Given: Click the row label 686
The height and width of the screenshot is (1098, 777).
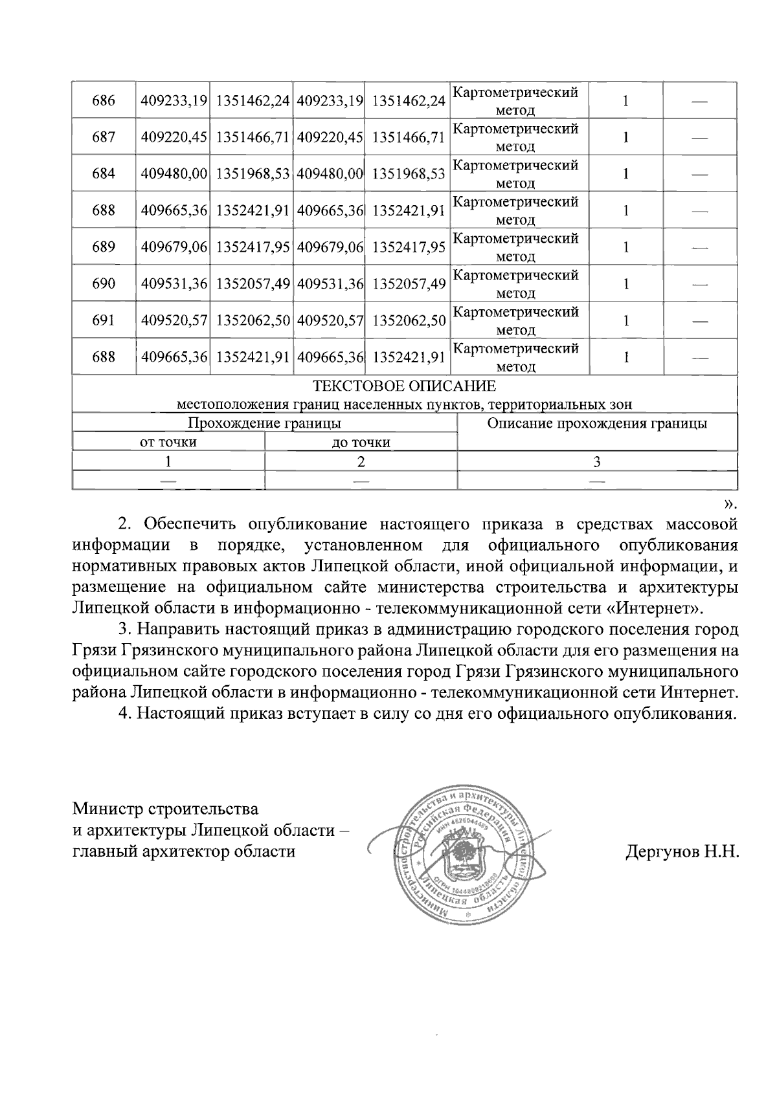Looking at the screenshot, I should pyautogui.click(x=104, y=101).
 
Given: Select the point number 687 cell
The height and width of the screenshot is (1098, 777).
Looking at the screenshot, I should pyautogui.click(x=104, y=137).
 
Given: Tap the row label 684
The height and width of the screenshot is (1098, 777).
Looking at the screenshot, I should pyautogui.click(x=104, y=174).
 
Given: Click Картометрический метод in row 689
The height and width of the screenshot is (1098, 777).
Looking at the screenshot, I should pyautogui.click(x=515, y=247).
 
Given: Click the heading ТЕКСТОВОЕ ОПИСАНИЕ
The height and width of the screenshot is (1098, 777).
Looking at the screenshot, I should pyautogui.click(x=404, y=387).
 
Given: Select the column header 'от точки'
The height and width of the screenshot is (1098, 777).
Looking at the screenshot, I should pyautogui.click(x=168, y=443).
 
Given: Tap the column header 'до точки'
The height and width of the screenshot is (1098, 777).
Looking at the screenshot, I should pyautogui.click(x=361, y=443).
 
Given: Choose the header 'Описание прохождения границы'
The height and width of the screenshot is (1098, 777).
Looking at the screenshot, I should pyautogui.click(x=596, y=424).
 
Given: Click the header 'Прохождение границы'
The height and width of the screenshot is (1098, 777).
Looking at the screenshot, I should pyautogui.click(x=264, y=424).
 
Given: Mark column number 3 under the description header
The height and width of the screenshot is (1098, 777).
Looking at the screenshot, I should pyautogui.click(x=597, y=461).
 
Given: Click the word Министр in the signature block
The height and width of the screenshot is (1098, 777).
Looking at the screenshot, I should pyautogui.click(x=108, y=809).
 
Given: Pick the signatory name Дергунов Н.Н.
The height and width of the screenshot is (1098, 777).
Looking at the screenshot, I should pyautogui.click(x=682, y=851).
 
